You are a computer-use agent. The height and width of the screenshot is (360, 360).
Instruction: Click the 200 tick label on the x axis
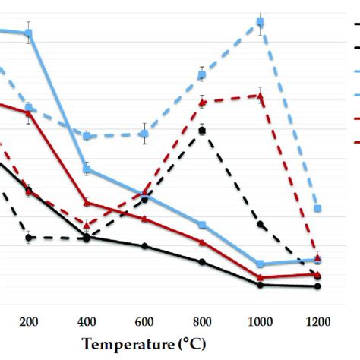(29, 321)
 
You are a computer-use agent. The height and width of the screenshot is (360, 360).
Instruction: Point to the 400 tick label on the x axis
(87, 321)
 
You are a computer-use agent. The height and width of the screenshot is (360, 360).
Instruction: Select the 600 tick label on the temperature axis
(144, 321)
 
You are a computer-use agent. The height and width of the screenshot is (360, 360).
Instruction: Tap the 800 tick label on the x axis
(202, 321)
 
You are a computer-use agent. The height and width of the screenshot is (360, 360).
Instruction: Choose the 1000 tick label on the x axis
(260, 321)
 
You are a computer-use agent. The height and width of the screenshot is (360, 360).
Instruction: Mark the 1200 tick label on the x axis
(317, 321)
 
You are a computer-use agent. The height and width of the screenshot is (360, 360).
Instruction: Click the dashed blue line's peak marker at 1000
(260, 24)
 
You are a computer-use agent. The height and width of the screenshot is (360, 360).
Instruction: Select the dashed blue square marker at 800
(202, 74)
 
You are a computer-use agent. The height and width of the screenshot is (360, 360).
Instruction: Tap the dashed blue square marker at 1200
(317, 208)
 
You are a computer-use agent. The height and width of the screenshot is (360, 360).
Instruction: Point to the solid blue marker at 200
(29, 33)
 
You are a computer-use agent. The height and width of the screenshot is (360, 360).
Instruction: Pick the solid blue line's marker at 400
(87, 169)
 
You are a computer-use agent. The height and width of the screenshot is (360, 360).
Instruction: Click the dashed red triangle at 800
(202, 102)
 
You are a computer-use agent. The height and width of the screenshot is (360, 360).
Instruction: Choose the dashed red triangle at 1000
(260, 96)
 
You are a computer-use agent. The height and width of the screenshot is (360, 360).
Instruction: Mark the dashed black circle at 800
(202, 131)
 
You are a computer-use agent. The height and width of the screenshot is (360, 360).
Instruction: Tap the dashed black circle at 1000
(260, 225)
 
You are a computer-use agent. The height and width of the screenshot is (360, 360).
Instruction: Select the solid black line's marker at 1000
(260, 285)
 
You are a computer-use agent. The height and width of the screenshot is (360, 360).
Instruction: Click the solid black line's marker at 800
(202, 262)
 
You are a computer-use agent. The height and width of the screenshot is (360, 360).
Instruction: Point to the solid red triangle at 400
(87, 202)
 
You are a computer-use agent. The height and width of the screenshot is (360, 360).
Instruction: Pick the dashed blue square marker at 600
(144, 134)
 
